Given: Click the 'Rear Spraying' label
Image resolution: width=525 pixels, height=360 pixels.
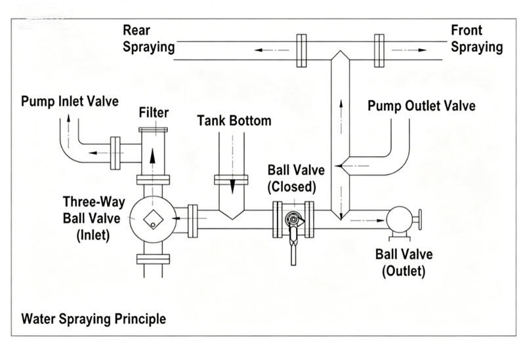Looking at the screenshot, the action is [x=149, y=39].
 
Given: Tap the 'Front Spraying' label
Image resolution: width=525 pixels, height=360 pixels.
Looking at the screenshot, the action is [x=477, y=39].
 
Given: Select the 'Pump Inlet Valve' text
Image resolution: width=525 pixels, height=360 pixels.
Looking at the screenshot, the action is [x=70, y=101].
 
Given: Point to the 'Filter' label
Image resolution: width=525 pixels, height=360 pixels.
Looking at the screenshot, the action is [x=154, y=112].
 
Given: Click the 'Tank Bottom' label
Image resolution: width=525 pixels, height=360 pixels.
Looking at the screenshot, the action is [x=234, y=121].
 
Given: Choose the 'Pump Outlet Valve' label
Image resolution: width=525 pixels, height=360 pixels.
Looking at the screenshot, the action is [x=421, y=106].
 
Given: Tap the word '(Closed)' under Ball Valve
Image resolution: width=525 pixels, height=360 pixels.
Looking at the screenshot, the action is [x=291, y=187].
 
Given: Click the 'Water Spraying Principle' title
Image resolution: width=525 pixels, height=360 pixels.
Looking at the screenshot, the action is [x=93, y=319].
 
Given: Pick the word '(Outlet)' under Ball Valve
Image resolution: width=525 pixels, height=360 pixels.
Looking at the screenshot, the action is [x=404, y=271].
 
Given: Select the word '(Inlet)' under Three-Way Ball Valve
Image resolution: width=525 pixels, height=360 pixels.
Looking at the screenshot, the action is [x=93, y=235].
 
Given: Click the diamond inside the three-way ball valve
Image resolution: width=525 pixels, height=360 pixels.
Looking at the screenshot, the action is [x=153, y=220].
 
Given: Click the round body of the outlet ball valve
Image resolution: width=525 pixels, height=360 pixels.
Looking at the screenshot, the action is [x=399, y=219].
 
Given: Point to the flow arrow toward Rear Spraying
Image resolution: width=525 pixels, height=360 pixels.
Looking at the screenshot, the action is [x=272, y=50].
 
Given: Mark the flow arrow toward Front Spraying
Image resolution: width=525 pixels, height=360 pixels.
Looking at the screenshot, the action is [x=409, y=50].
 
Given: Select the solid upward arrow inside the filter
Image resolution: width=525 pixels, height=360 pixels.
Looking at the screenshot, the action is [x=153, y=156].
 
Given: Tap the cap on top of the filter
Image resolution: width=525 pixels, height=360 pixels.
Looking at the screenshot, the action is [x=153, y=129].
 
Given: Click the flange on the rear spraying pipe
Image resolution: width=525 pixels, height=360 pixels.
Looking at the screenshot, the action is [x=302, y=50].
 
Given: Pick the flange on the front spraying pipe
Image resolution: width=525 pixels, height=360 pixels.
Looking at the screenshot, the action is [x=379, y=50].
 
